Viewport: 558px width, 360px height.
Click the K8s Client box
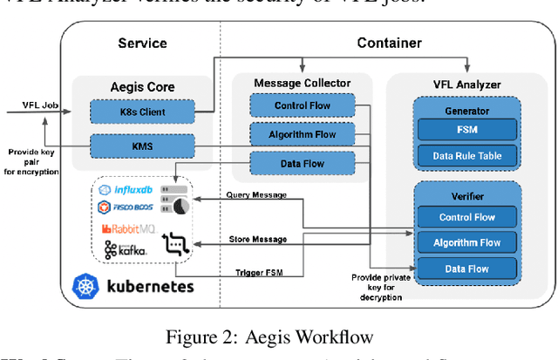point(141,113)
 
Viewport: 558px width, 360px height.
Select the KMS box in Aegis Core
point(141,146)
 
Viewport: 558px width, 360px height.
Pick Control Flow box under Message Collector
point(302,106)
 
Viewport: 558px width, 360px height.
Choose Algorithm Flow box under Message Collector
point(302,134)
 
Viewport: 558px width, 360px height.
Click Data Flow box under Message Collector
point(302,162)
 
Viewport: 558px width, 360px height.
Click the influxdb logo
point(127,190)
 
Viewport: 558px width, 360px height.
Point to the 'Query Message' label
point(256,195)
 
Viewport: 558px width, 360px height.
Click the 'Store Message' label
point(256,239)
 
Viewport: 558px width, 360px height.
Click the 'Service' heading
point(142,43)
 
